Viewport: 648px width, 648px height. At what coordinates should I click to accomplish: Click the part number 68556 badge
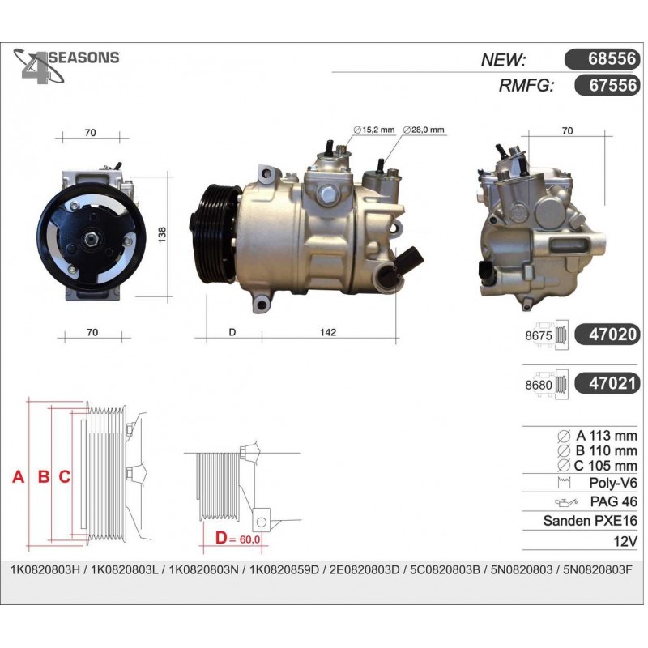click(x=602, y=59)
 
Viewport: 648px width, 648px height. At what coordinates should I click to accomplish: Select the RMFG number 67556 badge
click(x=607, y=86)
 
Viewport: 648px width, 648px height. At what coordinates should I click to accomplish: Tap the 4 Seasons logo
click(x=66, y=66)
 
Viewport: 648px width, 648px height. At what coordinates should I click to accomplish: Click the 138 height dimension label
click(x=162, y=235)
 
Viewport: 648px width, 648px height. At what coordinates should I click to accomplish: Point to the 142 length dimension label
click(x=328, y=332)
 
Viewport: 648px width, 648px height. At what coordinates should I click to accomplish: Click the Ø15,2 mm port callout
click(x=374, y=130)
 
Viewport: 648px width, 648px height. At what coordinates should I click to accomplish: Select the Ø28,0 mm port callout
click(x=424, y=130)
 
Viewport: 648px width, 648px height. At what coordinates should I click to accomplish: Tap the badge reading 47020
click(x=607, y=335)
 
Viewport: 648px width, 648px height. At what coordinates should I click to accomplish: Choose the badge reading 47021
click(x=607, y=384)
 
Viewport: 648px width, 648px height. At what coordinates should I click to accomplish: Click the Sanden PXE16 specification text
click(x=590, y=521)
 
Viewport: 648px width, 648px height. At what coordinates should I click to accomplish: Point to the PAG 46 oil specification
click(x=614, y=501)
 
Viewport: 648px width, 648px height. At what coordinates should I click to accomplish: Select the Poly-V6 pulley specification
click(x=613, y=482)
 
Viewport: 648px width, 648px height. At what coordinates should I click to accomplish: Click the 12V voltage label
click(x=625, y=541)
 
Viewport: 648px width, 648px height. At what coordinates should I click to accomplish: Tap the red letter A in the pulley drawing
click(x=18, y=477)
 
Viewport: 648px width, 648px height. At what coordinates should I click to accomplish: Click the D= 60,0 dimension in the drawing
click(x=237, y=538)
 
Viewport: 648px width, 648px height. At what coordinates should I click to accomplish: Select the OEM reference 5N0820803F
click(x=598, y=570)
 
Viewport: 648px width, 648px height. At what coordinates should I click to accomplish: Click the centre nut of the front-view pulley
click(x=91, y=239)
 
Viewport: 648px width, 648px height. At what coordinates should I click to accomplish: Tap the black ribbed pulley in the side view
click(x=215, y=235)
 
